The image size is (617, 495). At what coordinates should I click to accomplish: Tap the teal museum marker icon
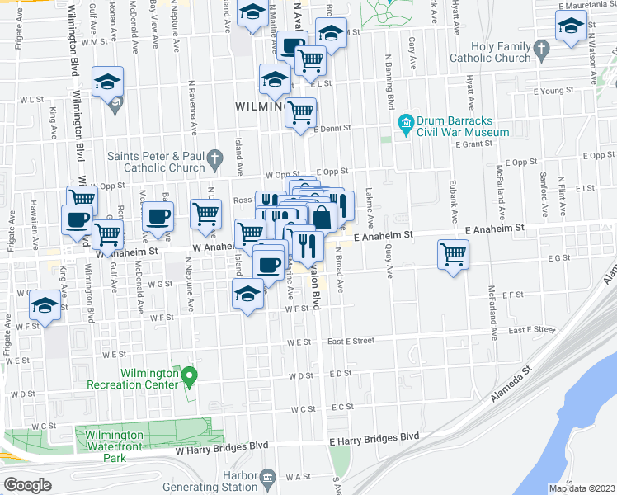(405, 125)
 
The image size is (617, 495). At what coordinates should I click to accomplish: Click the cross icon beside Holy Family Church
(541, 52)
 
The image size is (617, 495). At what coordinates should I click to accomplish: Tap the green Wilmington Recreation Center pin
(189, 379)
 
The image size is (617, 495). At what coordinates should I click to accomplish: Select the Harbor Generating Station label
(216, 481)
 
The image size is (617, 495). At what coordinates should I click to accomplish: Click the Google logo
(27, 484)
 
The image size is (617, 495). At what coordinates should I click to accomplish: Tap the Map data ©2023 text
(582, 488)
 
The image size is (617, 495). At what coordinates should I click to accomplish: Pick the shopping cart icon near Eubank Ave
(454, 254)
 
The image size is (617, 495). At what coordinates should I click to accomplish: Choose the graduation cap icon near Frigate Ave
(45, 304)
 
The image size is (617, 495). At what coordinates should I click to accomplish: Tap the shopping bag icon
(322, 219)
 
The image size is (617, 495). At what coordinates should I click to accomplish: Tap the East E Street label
(363, 340)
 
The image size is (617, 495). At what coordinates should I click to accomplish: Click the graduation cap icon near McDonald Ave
(107, 82)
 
